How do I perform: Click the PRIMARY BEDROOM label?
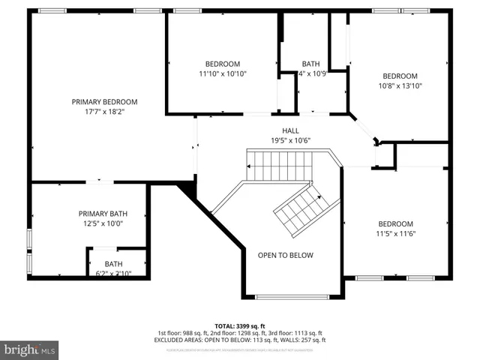[104, 101]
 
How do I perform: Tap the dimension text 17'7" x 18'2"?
[104, 112]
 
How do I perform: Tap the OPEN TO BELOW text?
[285, 255]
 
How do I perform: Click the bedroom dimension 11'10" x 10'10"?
[223, 73]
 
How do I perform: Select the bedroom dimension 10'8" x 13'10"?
[400, 85]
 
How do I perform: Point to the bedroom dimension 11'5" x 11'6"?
[395, 234]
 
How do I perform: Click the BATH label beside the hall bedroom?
[310, 64]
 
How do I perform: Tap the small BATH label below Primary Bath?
[113, 263]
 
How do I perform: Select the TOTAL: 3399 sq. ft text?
[239, 325]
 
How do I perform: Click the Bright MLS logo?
[30, 349]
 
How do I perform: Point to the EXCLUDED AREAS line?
[239, 340]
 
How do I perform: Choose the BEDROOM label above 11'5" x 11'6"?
[395, 223]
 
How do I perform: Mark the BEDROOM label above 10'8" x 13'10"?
[400, 76]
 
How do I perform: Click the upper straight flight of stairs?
[279, 163]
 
